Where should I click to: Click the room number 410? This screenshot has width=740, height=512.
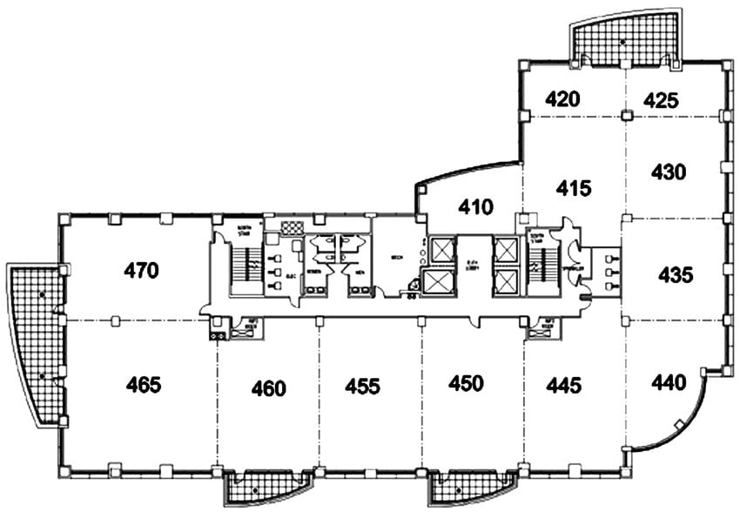pos(476,207)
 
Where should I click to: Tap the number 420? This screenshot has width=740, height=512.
pos(562,99)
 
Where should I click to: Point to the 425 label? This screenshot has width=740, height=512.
pos(661,100)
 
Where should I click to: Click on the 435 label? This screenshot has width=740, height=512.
pos(676,275)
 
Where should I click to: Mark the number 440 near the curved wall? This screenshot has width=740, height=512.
pos(668,381)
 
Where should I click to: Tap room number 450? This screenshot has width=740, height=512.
pos(466,382)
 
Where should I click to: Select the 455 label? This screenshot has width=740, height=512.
pos(362,386)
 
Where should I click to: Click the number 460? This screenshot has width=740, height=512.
pos(267,387)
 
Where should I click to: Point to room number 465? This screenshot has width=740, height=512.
pos(144,383)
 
